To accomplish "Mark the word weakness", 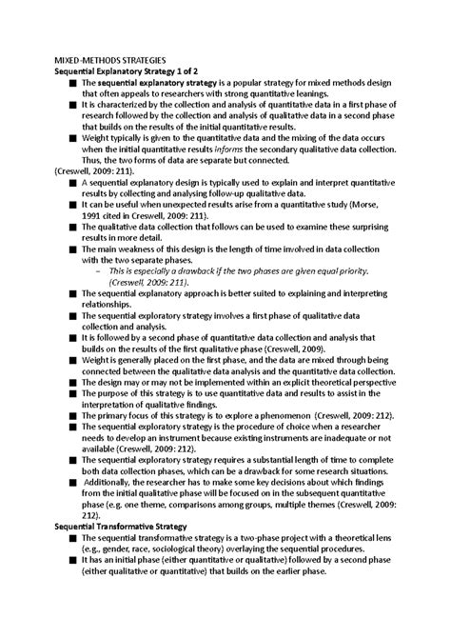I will (x=136, y=248).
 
